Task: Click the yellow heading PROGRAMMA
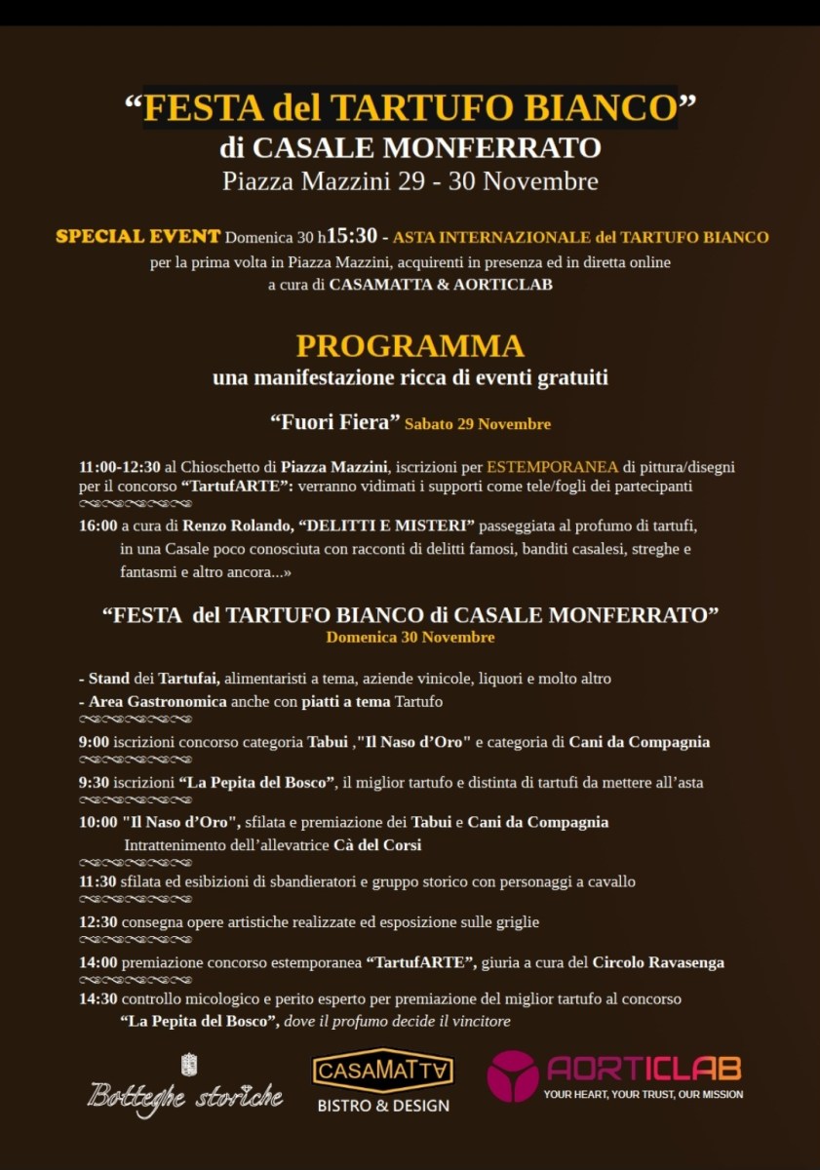[410, 346]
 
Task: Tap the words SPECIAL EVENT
[137, 237]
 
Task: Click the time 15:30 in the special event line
[352, 237]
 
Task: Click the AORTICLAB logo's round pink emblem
[513, 1076]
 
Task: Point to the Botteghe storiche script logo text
[185, 1095]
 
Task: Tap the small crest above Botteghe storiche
[189, 1065]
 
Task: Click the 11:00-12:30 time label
[120, 467]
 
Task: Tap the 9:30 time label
[94, 782]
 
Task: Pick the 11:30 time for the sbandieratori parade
[98, 881]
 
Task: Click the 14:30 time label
[98, 999]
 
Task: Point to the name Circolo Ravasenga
[658, 962]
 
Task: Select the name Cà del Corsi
[377, 845]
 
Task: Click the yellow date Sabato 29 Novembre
[478, 424]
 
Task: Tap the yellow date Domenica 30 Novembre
[410, 637]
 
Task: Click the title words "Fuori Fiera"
[334, 423]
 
